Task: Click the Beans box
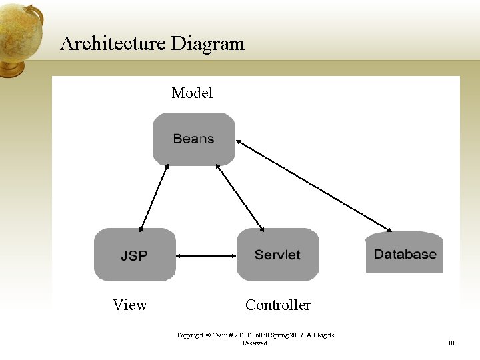[x=193, y=139]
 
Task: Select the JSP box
[x=135, y=255]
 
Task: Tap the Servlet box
[x=277, y=255]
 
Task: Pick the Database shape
[x=404, y=253]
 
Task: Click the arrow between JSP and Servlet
[x=207, y=255]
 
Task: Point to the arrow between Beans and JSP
[x=154, y=197]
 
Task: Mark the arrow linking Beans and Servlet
[x=241, y=197]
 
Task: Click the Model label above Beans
[x=192, y=93]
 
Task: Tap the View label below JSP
[x=129, y=305]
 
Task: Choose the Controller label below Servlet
[x=277, y=305]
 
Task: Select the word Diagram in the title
[x=207, y=44]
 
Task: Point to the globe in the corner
[x=20, y=33]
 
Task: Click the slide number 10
[x=451, y=343]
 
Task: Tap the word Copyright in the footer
[x=191, y=335]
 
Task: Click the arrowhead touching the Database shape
[x=388, y=229]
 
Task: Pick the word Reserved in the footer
[x=255, y=343]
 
